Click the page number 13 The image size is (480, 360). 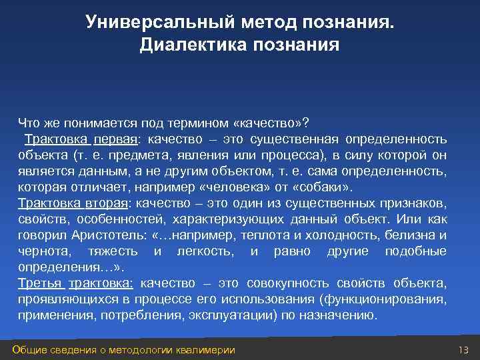464,350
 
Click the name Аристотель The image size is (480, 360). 113,235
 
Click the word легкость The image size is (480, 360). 204,251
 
